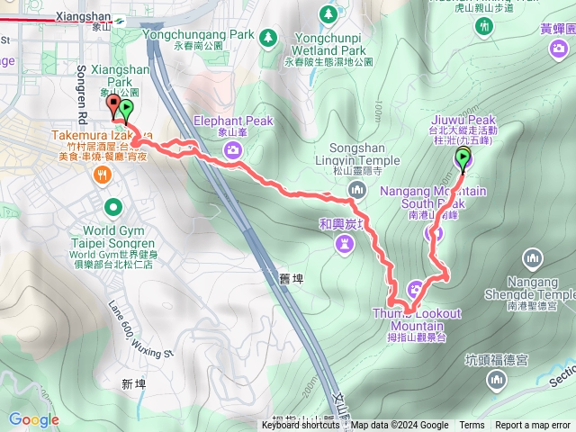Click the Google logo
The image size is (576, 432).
click(34, 419)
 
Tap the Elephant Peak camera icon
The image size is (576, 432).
click(234, 149)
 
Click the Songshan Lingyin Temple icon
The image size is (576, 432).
click(357, 189)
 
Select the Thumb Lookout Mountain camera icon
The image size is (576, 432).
click(414, 289)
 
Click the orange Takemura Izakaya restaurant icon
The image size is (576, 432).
click(105, 176)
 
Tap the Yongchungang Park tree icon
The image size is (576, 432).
click(267, 38)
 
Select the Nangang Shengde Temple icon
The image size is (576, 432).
click(534, 259)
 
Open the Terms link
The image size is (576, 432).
click(472, 426)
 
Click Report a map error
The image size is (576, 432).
click(533, 426)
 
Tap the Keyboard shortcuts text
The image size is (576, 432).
click(301, 426)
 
